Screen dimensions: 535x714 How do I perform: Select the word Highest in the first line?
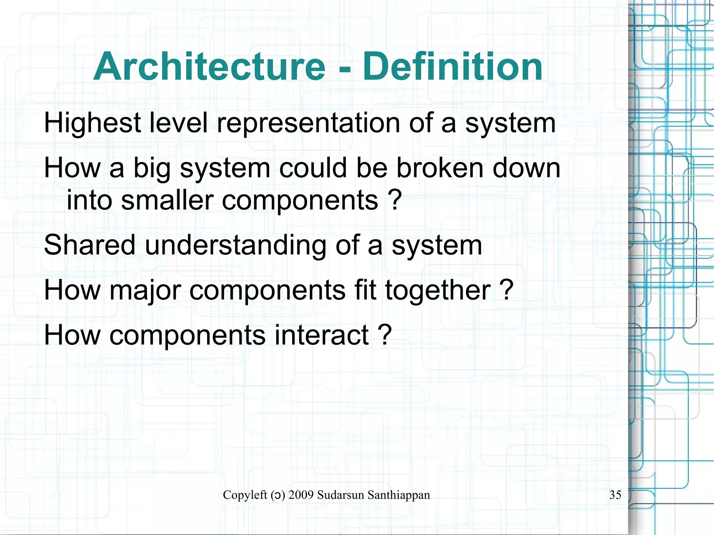pyautogui.click(x=92, y=123)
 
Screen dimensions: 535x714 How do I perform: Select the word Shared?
pyautogui.click(x=90, y=245)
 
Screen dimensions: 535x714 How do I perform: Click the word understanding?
pyautogui.click(x=236, y=245)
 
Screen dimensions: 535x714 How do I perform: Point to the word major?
pyautogui.click(x=145, y=290)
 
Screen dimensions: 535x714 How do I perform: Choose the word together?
pyautogui.click(x=438, y=290)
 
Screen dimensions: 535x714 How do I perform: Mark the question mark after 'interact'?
pyautogui.click(x=385, y=335)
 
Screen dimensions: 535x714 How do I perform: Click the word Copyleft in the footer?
pyautogui.click(x=245, y=495)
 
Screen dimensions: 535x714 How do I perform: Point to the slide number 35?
pyautogui.click(x=615, y=495)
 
